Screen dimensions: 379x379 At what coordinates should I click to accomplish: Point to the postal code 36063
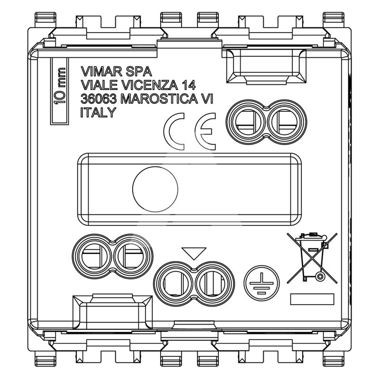(x=99, y=99)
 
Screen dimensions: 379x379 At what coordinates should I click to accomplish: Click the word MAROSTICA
(x=159, y=99)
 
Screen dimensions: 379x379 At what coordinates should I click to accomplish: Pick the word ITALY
(x=99, y=112)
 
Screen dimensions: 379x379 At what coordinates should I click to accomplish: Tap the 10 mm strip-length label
(x=60, y=86)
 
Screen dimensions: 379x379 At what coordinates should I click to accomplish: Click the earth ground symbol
(x=262, y=283)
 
